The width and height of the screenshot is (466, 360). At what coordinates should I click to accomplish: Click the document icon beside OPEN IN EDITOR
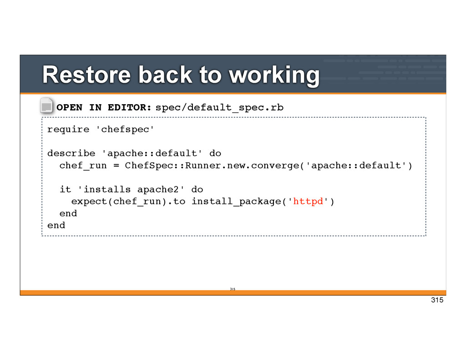(x=47, y=106)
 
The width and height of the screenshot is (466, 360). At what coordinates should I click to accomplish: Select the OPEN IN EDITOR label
(x=104, y=107)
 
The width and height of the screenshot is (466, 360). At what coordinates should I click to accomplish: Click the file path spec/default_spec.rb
(x=219, y=107)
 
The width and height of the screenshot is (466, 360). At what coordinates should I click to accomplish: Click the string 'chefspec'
(x=125, y=129)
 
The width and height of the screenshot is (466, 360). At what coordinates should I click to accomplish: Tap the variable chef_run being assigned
(x=83, y=165)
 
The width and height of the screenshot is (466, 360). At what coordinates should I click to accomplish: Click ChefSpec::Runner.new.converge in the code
(x=212, y=165)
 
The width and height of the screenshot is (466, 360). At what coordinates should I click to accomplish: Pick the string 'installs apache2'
(x=131, y=189)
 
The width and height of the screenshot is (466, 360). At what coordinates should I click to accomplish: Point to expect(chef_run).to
(x=128, y=201)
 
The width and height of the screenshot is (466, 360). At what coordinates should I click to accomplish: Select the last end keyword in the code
(x=56, y=225)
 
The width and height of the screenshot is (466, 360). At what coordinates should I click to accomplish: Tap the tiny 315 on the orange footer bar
(x=232, y=289)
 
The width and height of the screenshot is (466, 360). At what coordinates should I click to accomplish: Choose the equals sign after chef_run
(x=116, y=165)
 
